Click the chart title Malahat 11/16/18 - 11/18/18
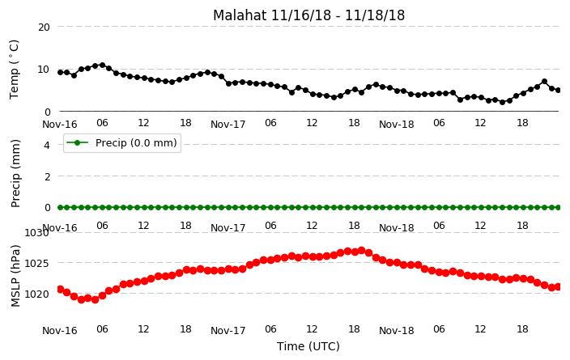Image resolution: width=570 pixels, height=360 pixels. click(308, 15)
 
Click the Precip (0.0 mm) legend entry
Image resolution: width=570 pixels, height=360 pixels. click(122, 143)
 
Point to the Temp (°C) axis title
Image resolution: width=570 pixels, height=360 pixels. click(15, 69)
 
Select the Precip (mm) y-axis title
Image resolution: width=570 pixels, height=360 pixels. click(15, 174)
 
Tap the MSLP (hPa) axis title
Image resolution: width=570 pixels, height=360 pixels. click(15, 276)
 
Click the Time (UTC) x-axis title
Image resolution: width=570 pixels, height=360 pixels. click(308, 346)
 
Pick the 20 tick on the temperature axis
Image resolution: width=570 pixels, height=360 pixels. click(44, 28)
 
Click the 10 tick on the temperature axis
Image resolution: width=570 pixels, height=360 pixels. click(44, 70)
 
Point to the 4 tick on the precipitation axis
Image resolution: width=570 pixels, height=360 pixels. click(47, 146)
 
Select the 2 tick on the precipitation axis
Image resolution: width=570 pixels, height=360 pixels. click(47, 176)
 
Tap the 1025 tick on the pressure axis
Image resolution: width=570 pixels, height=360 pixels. click(36, 263)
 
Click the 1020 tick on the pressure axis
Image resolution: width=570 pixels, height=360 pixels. click(36, 294)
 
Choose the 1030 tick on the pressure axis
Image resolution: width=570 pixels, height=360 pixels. click(36, 232)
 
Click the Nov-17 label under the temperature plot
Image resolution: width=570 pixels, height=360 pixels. click(228, 125)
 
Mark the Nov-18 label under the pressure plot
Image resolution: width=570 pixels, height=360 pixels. click(396, 331)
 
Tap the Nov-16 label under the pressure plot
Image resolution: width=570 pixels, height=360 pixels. click(60, 331)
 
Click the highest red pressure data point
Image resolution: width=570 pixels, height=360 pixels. click(361, 250)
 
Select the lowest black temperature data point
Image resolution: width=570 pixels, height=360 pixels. click(502, 102)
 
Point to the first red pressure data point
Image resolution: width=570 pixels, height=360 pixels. click(61, 289)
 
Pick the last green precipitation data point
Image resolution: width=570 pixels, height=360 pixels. click(559, 207)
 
